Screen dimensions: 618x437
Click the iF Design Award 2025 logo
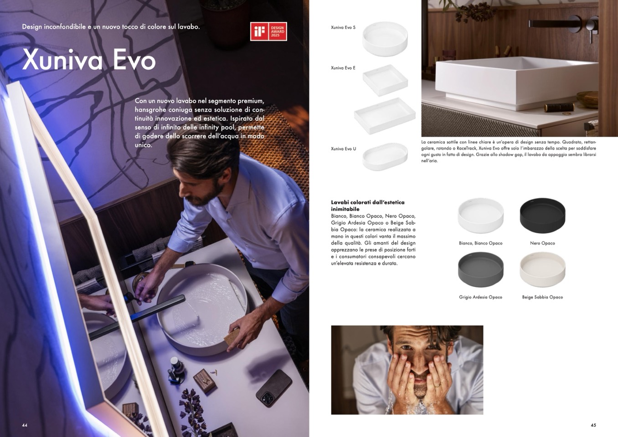point(268,31)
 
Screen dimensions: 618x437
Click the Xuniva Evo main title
point(89,60)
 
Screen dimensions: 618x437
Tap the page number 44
point(25,425)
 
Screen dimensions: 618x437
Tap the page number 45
point(593,425)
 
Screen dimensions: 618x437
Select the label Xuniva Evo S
point(343,27)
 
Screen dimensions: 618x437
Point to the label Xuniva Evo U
point(344,149)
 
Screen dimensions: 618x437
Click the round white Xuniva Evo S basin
point(385,39)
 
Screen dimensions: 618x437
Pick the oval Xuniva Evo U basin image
point(385,156)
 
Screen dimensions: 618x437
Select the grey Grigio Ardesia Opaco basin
point(481,270)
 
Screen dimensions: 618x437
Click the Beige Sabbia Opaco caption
point(542,297)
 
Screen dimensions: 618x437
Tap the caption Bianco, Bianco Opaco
point(481,243)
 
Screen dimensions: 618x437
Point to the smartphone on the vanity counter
point(274,388)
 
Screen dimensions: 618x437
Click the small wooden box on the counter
point(204,381)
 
